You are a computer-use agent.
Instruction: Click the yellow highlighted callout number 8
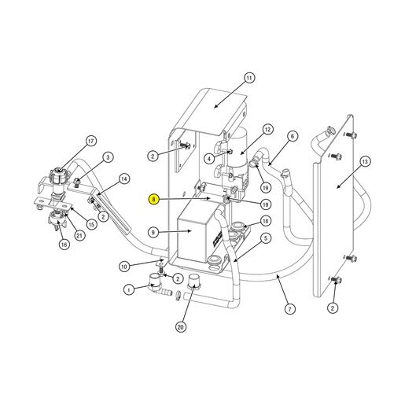(x=153, y=199)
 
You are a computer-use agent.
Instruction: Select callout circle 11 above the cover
(x=249, y=78)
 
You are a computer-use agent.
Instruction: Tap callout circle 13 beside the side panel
(x=365, y=161)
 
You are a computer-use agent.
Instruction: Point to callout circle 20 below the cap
(x=181, y=327)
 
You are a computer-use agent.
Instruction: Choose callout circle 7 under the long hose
(x=289, y=309)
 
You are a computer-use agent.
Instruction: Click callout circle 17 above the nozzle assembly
(x=90, y=142)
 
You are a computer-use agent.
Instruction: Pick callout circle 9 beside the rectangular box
(x=153, y=232)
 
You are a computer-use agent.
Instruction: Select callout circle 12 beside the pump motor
(x=267, y=130)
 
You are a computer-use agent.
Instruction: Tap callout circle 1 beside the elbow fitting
(x=129, y=290)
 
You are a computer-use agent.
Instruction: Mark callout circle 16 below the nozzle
(x=64, y=245)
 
